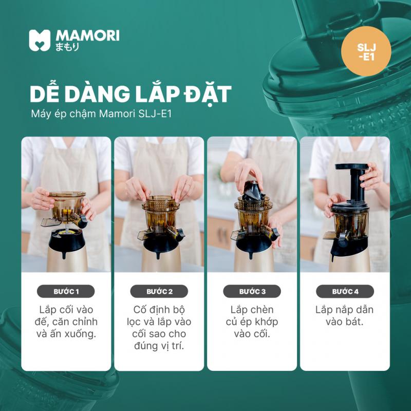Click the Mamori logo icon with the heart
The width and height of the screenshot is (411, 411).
click(40, 40)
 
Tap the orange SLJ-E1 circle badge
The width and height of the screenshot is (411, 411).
click(366, 51)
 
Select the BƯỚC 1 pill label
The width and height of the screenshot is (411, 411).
click(66, 291)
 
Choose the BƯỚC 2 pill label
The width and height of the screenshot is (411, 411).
click(159, 291)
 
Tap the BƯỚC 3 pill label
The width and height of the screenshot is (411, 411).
click(252, 291)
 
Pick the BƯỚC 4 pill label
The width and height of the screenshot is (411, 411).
click(345, 291)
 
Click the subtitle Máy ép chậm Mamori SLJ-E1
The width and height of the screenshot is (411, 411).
click(101, 114)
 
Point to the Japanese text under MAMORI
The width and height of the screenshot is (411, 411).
click(67, 47)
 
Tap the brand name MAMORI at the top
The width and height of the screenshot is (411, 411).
click(87, 35)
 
